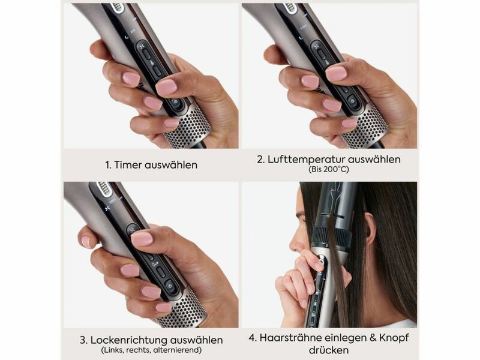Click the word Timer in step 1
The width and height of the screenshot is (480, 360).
127,165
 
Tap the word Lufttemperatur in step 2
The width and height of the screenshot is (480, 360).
306,160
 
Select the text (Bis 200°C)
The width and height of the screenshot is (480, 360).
329,169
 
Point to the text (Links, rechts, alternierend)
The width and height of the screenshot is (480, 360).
151,350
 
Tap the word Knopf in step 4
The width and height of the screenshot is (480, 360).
394,338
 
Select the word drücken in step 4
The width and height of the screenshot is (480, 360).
328,350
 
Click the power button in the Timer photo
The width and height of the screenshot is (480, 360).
176,103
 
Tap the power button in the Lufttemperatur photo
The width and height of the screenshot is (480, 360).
352,100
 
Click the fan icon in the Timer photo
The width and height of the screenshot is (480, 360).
142,47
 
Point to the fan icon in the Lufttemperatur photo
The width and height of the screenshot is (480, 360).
317,46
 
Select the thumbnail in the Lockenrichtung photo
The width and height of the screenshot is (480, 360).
142,239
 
